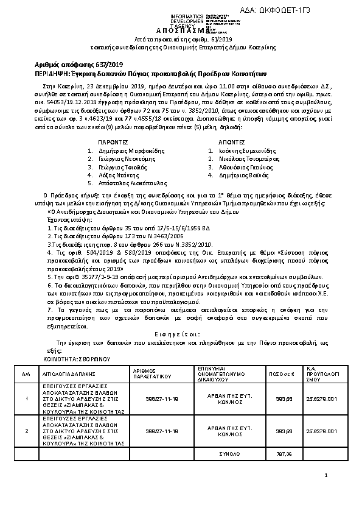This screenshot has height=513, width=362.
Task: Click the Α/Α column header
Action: point(26,372)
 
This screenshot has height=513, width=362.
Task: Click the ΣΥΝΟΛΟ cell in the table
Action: point(226,453)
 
